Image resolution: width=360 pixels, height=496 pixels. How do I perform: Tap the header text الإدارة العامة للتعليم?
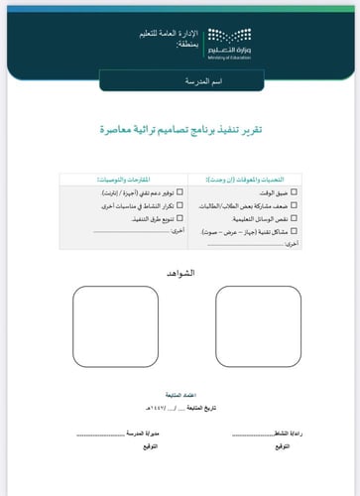coord(169,35)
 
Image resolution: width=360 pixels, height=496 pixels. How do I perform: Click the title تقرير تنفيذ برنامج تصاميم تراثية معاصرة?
coord(180,129)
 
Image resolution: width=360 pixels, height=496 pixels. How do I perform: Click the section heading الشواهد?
coord(180,271)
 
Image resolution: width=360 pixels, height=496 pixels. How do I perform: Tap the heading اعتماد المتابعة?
coord(180,395)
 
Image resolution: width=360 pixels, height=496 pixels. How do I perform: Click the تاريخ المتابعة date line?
coord(180,407)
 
